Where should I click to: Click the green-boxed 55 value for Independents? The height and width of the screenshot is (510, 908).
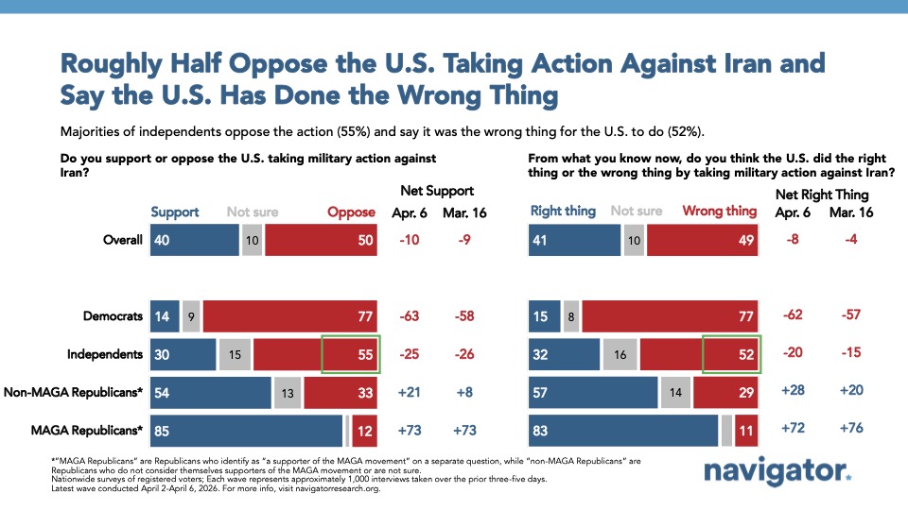click(350, 354)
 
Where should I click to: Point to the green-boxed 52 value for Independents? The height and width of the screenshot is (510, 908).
click(732, 354)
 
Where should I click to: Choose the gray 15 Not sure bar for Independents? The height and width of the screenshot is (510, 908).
click(234, 354)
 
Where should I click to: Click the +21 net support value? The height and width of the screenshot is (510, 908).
click(410, 392)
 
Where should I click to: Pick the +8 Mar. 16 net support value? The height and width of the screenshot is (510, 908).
click(465, 392)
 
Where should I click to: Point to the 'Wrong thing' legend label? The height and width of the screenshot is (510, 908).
click(720, 212)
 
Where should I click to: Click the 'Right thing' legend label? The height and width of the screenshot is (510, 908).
click(564, 212)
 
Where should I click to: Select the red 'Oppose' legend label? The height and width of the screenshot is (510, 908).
click(352, 212)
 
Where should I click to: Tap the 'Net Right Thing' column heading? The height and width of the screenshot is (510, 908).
click(819, 192)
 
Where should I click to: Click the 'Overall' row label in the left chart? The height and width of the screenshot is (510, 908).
click(123, 240)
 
